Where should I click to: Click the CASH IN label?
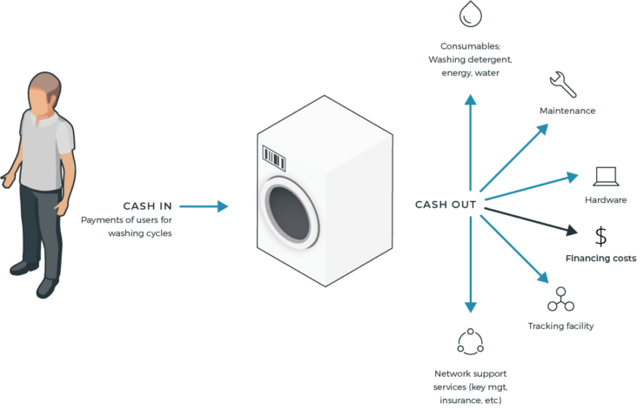[x=147, y=206]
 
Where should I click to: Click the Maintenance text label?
[x=567, y=111]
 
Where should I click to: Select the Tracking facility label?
[x=560, y=326]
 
